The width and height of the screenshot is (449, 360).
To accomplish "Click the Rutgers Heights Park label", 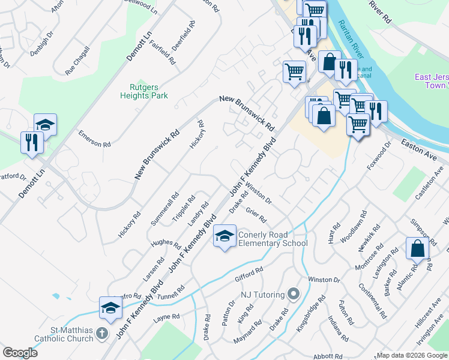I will click(x=144, y=90).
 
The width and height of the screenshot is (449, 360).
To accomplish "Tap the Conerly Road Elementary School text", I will click(x=273, y=239).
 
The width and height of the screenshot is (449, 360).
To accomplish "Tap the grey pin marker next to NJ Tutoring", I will click(x=293, y=294).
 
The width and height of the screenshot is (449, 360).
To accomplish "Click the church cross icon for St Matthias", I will click(x=102, y=333).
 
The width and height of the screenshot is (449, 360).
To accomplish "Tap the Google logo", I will click(x=20, y=353).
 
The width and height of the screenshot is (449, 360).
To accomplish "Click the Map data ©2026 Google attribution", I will click(x=411, y=355).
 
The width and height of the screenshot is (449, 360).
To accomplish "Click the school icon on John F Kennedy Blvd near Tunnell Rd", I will click(x=110, y=307).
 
